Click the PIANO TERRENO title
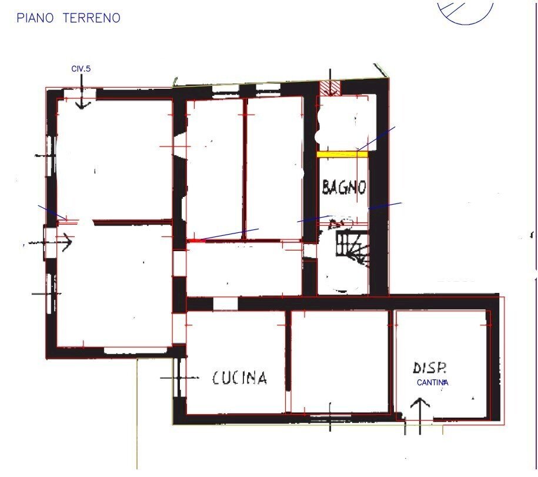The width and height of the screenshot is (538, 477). pyautogui.click(x=68, y=18)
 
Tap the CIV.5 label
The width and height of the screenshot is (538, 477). pyautogui.click(x=81, y=69)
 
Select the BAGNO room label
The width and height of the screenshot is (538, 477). pyautogui.click(x=344, y=188)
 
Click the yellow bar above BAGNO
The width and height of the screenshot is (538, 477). pyautogui.click(x=342, y=154)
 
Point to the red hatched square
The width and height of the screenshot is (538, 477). pyautogui.click(x=330, y=88)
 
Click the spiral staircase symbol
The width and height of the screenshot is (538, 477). pyautogui.click(x=352, y=246)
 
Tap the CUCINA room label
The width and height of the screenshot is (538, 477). pyautogui.click(x=239, y=378)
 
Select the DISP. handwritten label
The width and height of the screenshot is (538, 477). pyautogui.click(x=430, y=368)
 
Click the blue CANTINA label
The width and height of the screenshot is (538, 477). pyautogui.click(x=433, y=383)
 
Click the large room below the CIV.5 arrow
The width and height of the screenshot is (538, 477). pyautogui.click(x=112, y=159)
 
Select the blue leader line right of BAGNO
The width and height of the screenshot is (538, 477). pyautogui.click(x=385, y=206)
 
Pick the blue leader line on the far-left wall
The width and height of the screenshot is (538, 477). pyautogui.click(x=52, y=212)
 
